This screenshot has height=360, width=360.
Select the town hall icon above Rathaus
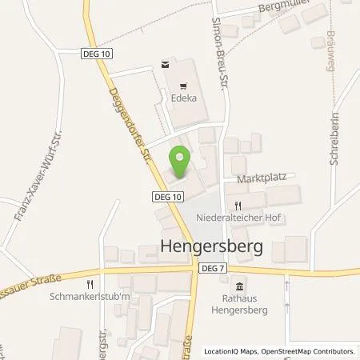(238, 286)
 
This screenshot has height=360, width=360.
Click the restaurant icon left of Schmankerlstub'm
(92, 282)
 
